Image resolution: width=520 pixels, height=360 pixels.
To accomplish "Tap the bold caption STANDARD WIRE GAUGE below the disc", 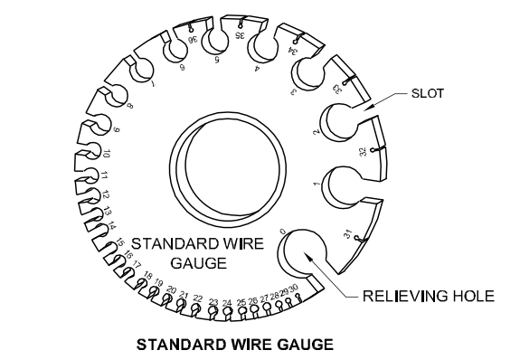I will click(x=233, y=344).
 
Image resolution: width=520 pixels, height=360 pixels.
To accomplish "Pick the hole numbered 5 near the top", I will click(x=216, y=42).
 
